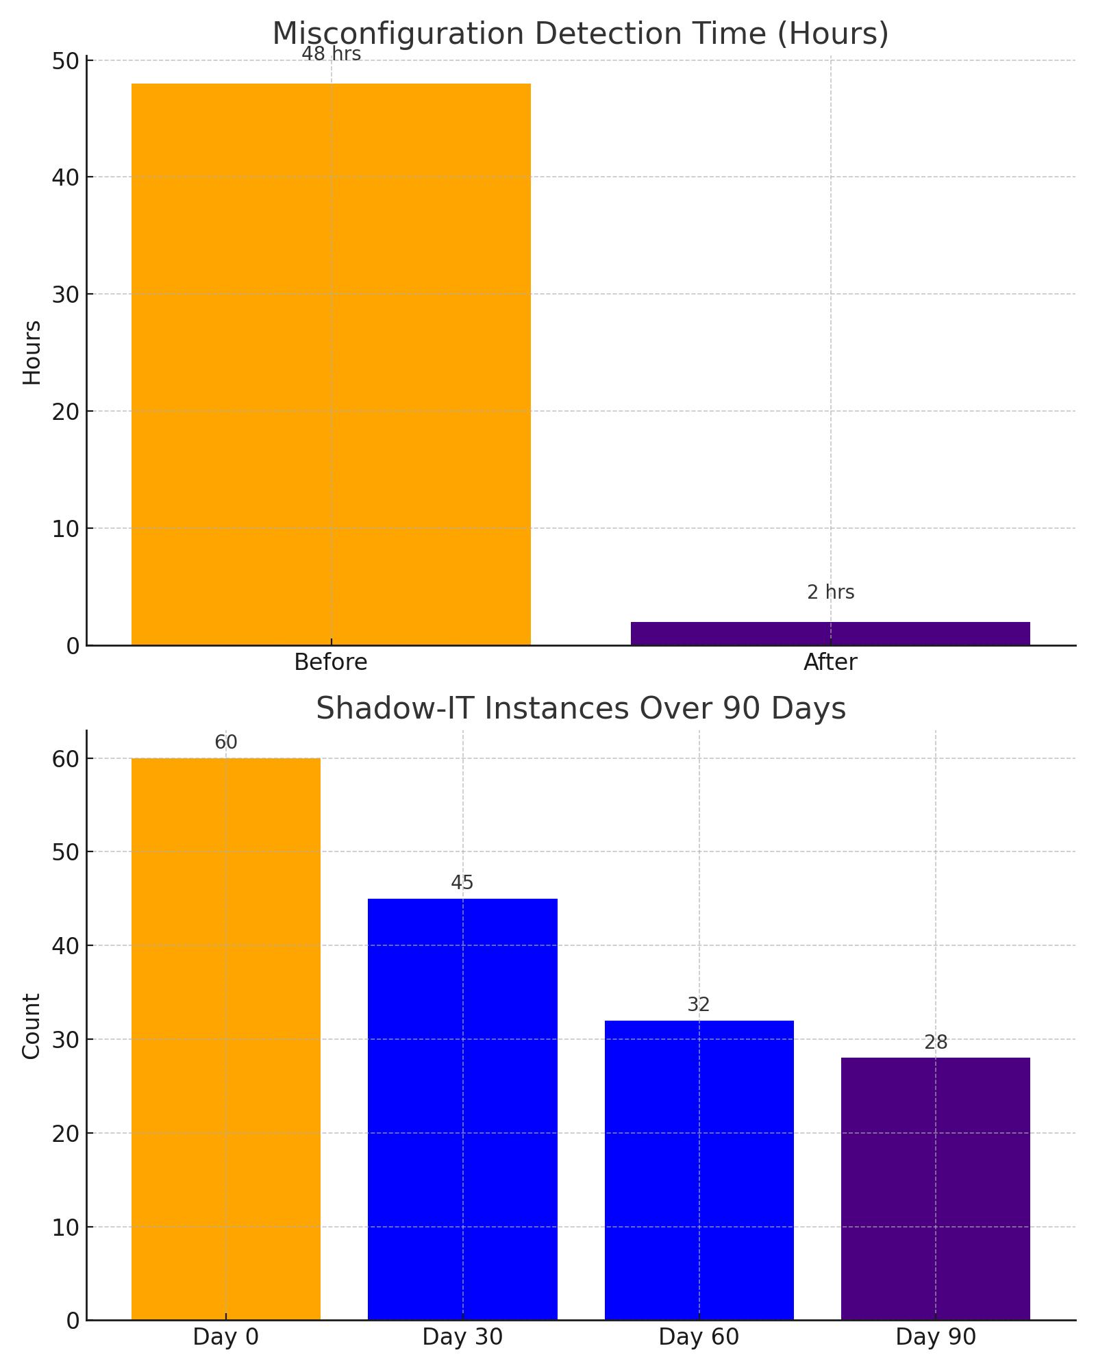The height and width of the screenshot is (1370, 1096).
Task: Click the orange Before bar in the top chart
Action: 331,364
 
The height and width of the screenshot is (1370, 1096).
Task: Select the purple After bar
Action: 830,634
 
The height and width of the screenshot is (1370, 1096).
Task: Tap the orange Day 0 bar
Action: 226,1038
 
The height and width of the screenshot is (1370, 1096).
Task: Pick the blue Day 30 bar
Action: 462,1109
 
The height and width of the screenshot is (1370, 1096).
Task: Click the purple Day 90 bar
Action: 935,1188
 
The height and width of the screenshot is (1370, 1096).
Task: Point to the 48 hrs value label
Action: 331,54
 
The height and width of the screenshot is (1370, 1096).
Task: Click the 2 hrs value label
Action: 830,593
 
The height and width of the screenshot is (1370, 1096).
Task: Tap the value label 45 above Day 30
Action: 462,883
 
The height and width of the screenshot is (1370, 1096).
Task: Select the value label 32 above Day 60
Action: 699,1005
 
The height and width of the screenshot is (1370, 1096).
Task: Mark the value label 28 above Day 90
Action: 935,1043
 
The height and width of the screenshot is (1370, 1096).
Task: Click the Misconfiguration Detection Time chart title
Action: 580,34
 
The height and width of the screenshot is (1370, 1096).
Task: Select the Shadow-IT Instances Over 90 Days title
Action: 580,708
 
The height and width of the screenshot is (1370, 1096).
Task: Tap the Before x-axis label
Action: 331,662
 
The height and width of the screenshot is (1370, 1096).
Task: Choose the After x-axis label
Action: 830,662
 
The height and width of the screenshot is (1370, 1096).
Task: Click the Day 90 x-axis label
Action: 935,1337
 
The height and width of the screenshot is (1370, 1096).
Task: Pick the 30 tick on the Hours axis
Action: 65,295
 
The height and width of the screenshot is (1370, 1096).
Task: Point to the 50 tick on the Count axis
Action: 65,852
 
